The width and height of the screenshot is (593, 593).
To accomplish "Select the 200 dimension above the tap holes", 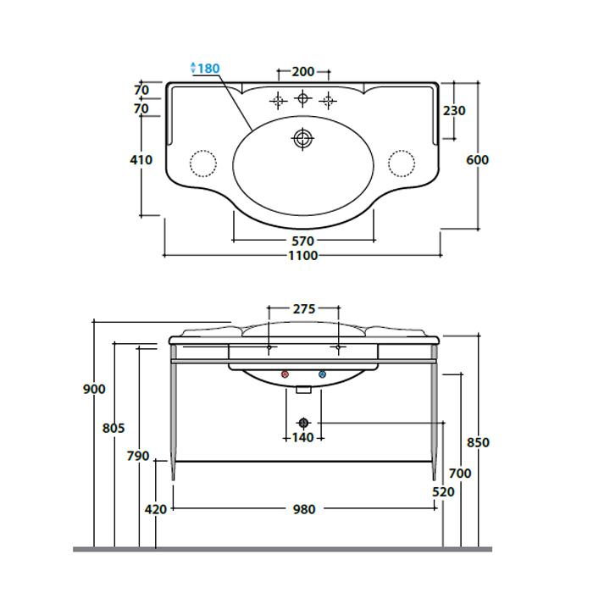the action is click(x=303, y=71).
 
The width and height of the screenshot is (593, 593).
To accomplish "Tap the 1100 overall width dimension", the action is click(x=303, y=256).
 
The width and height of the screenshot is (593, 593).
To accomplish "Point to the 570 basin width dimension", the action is click(x=303, y=241).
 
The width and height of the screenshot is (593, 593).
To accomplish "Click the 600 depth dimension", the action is click(x=477, y=160).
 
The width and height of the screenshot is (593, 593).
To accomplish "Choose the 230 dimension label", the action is click(x=454, y=111).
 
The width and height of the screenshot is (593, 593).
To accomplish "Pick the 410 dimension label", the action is click(x=141, y=160).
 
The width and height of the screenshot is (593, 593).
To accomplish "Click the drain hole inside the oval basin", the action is click(x=302, y=139).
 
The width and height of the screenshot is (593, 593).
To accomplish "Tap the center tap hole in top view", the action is click(x=302, y=99).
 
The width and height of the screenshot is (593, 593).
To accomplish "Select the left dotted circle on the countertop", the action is click(x=203, y=163).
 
